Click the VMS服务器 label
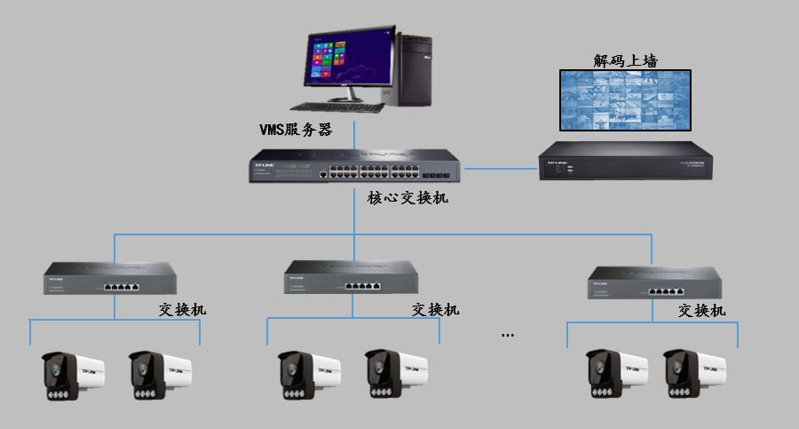pos(295,130)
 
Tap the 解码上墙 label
pos(631,60)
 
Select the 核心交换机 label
pos(407,198)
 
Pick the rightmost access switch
pos(652,283)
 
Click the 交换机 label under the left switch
pos(183,310)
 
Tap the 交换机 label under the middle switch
pos(436,310)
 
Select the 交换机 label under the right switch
pos(701,310)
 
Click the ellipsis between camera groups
pos(508,335)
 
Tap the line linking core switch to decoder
pos(501,167)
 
